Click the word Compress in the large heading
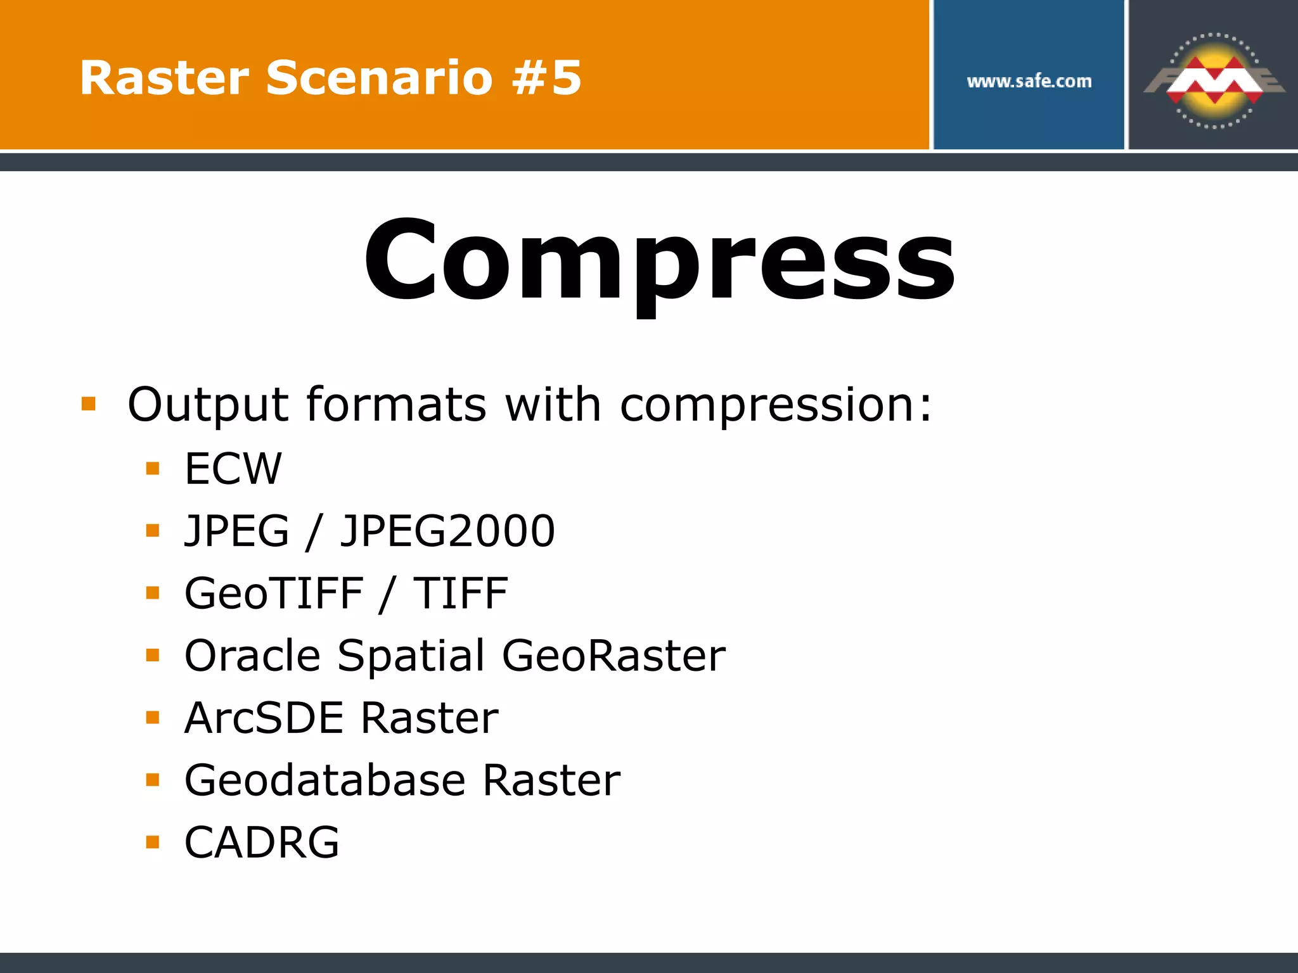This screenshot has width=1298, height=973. (659, 260)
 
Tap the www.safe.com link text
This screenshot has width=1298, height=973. (1029, 81)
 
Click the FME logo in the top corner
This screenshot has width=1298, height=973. (1214, 80)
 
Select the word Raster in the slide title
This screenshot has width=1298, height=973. (164, 79)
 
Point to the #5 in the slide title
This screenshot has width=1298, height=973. (547, 79)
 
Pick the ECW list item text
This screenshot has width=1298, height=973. (233, 469)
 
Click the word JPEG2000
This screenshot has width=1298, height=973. (447, 531)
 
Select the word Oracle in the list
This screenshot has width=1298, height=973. (252, 656)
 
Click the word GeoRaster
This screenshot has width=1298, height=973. (614, 656)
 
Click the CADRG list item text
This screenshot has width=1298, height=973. (262, 843)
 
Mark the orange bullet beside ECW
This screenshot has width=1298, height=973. (153, 469)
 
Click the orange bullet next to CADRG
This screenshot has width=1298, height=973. (153, 842)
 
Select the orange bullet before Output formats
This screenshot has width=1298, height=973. (89, 404)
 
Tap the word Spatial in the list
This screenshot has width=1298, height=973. (411, 656)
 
